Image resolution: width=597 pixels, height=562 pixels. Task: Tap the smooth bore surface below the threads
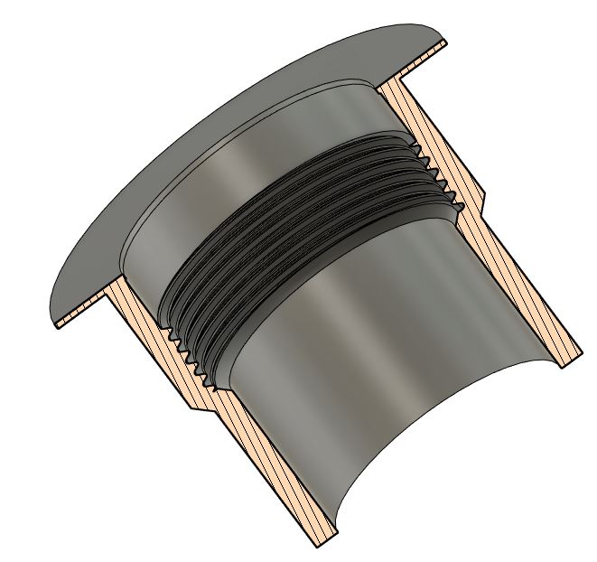point(361,361)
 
